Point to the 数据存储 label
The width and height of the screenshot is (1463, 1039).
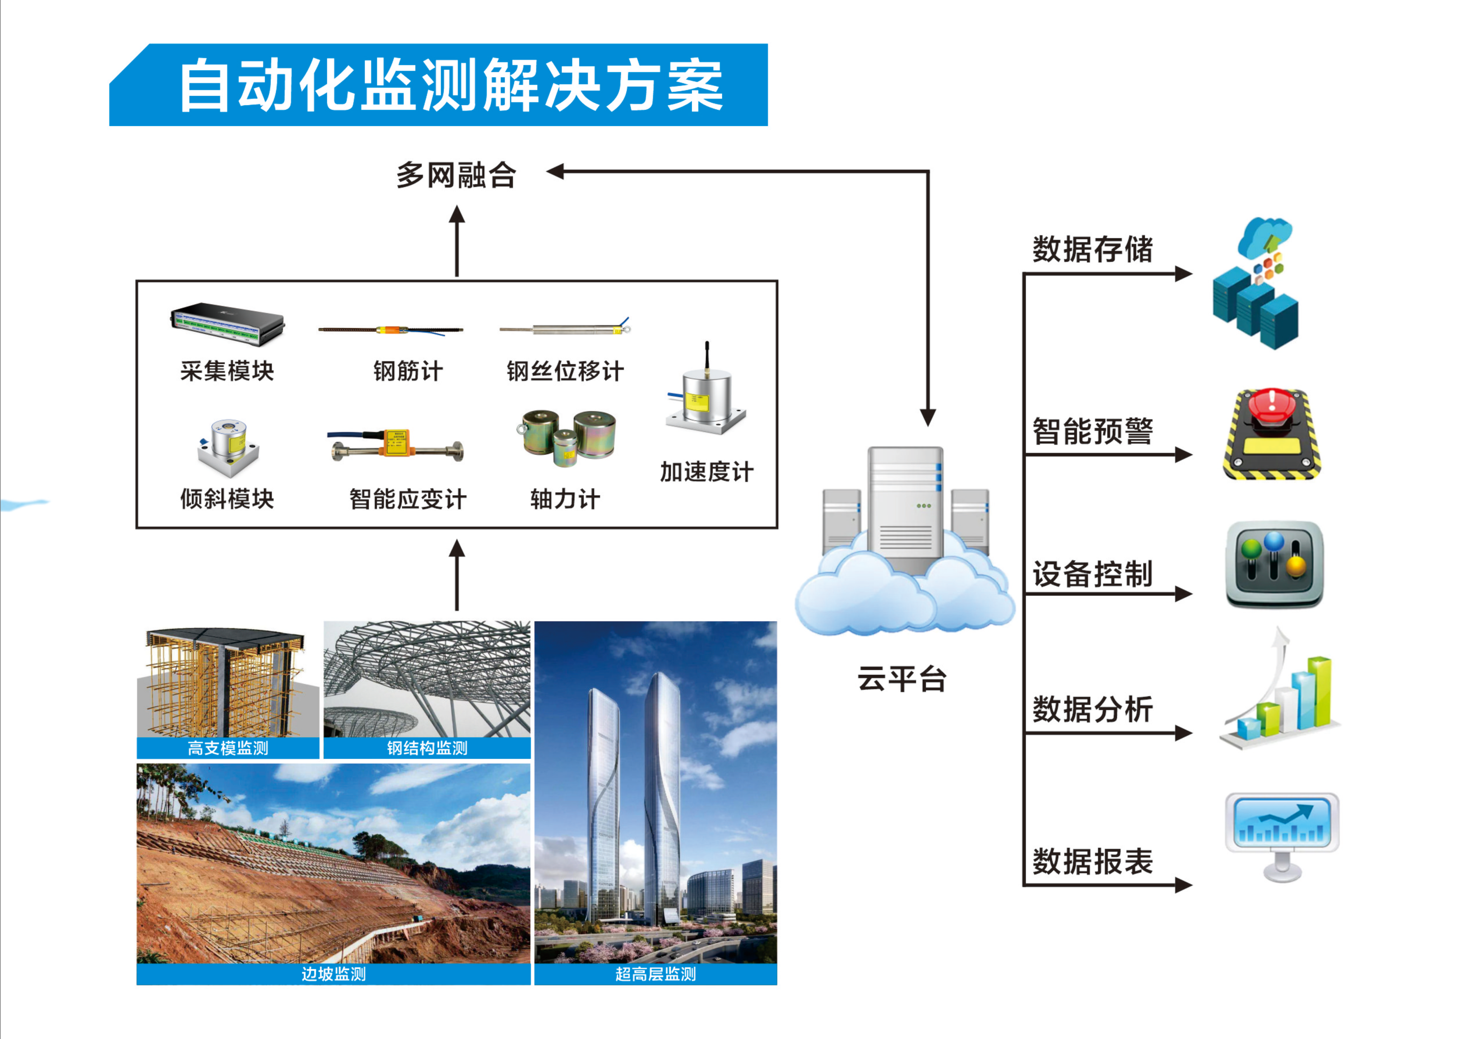click(1093, 250)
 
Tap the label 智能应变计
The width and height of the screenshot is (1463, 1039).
click(408, 499)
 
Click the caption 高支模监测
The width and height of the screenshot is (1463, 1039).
click(228, 748)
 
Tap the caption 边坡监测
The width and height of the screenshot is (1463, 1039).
click(334, 974)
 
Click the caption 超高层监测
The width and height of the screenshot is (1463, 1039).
click(655, 974)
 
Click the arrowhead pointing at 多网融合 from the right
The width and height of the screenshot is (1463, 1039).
click(554, 171)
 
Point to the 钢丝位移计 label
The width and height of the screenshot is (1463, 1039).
click(565, 371)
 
